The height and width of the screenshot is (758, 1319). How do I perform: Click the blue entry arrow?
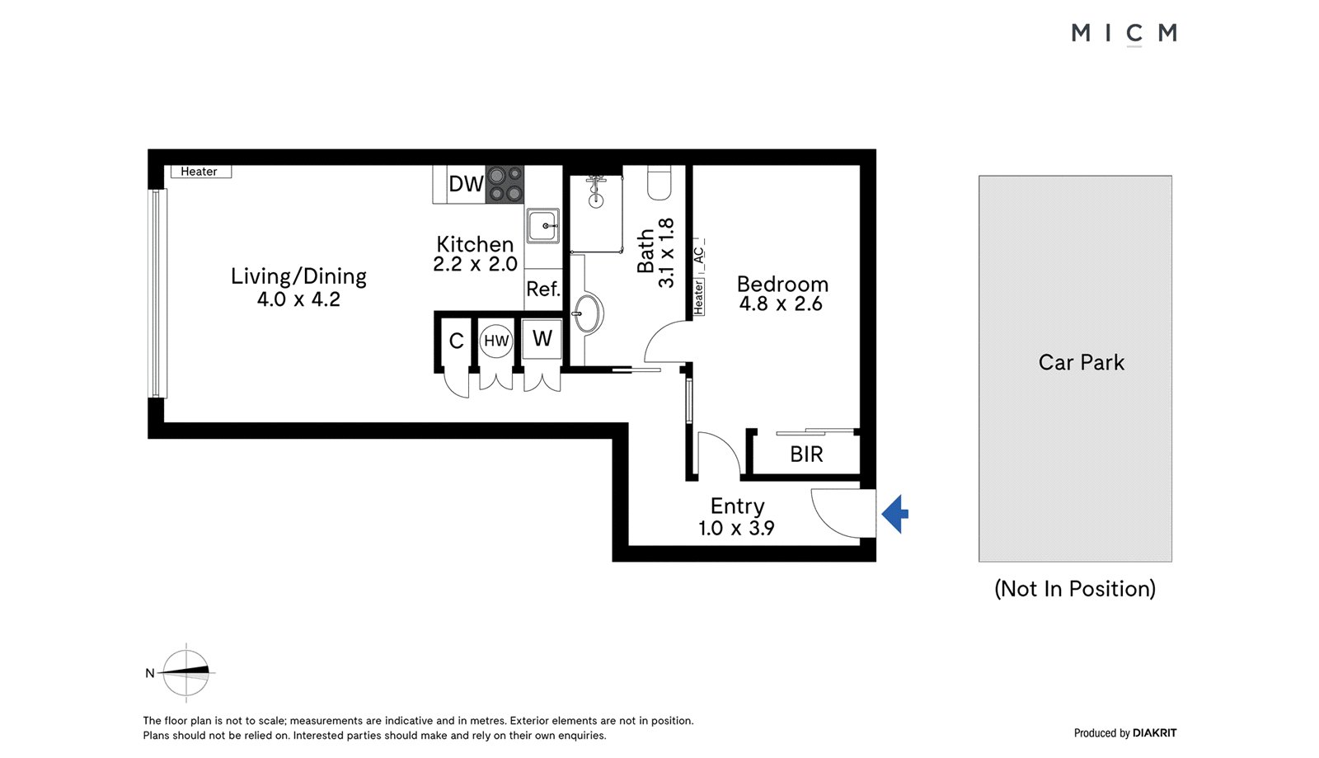pyautogui.click(x=894, y=514)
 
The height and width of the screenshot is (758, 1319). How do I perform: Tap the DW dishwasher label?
pyautogui.click(x=466, y=184)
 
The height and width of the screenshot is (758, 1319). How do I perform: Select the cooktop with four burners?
pyautogui.click(x=505, y=185)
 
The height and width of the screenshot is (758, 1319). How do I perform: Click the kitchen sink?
pyautogui.click(x=542, y=225)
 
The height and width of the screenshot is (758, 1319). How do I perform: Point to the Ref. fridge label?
pyautogui.click(x=543, y=290)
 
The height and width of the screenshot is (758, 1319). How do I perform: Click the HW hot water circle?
pyautogui.click(x=495, y=341)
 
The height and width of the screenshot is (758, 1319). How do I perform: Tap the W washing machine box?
pyautogui.click(x=542, y=339)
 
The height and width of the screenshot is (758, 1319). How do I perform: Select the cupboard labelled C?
pyautogui.click(x=456, y=341)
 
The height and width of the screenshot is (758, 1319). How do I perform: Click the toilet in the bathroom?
pyautogui.click(x=659, y=182)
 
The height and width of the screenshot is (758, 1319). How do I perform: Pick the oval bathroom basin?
pyautogui.click(x=587, y=313)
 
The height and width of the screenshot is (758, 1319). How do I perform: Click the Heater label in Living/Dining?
pyautogui.click(x=199, y=172)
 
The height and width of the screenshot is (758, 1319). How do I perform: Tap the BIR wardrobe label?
pyautogui.click(x=806, y=454)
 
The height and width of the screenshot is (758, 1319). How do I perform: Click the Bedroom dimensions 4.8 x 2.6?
pyautogui.click(x=781, y=304)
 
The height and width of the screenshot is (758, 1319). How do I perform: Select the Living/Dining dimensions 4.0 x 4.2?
pyautogui.click(x=298, y=299)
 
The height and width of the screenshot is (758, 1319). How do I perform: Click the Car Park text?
pyautogui.click(x=1081, y=363)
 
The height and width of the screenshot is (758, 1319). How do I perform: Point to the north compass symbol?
pyautogui.click(x=186, y=672)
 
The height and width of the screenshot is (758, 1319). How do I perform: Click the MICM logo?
pyautogui.click(x=1124, y=33)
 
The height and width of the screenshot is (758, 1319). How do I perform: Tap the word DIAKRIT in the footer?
pyautogui.click(x=1154, y=733)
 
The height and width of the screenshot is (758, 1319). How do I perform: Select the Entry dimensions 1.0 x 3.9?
pyautogui.click(x=736, y=528)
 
